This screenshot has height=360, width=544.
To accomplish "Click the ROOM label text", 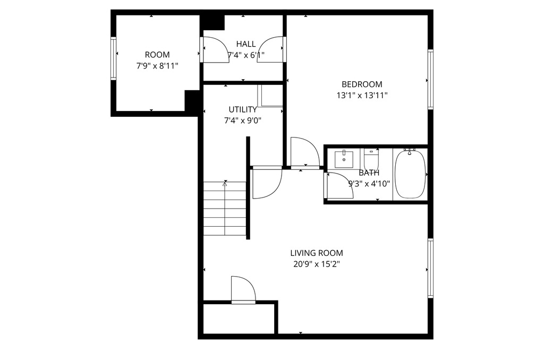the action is tap(157, 55).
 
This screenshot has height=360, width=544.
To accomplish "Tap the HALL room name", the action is tap(246, 44).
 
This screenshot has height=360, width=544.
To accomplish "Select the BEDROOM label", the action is tap(362, 84).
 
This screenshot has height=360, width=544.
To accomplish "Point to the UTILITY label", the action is tap(243, 109).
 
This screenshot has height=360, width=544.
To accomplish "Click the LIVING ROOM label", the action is tap(317, 253).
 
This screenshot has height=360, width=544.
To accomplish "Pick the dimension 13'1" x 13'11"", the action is tap(362, 96).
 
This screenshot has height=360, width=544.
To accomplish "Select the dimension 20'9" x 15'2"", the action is tap(317, 264).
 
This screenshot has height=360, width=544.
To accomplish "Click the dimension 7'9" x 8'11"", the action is tap(157, 66).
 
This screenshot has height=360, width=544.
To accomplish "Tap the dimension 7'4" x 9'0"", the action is tap(243, 121).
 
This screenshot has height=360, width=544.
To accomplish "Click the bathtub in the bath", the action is tap(410, 174).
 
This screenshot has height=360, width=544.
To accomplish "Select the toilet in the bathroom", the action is tap(371, 159).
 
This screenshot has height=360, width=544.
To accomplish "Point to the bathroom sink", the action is tap(344, 159).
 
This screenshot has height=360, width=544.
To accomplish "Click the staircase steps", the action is tap(225, 209).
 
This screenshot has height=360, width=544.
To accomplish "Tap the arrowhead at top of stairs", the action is tap(225, 184).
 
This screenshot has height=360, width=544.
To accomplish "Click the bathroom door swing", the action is tap(341, 185).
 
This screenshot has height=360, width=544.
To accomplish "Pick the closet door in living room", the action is tap(243, 289).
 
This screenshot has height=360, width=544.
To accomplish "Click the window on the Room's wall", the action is tap(113, 58).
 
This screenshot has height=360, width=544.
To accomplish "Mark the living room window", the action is tap(430, 268).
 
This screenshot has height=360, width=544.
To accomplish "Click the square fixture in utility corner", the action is tap(270, 96).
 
